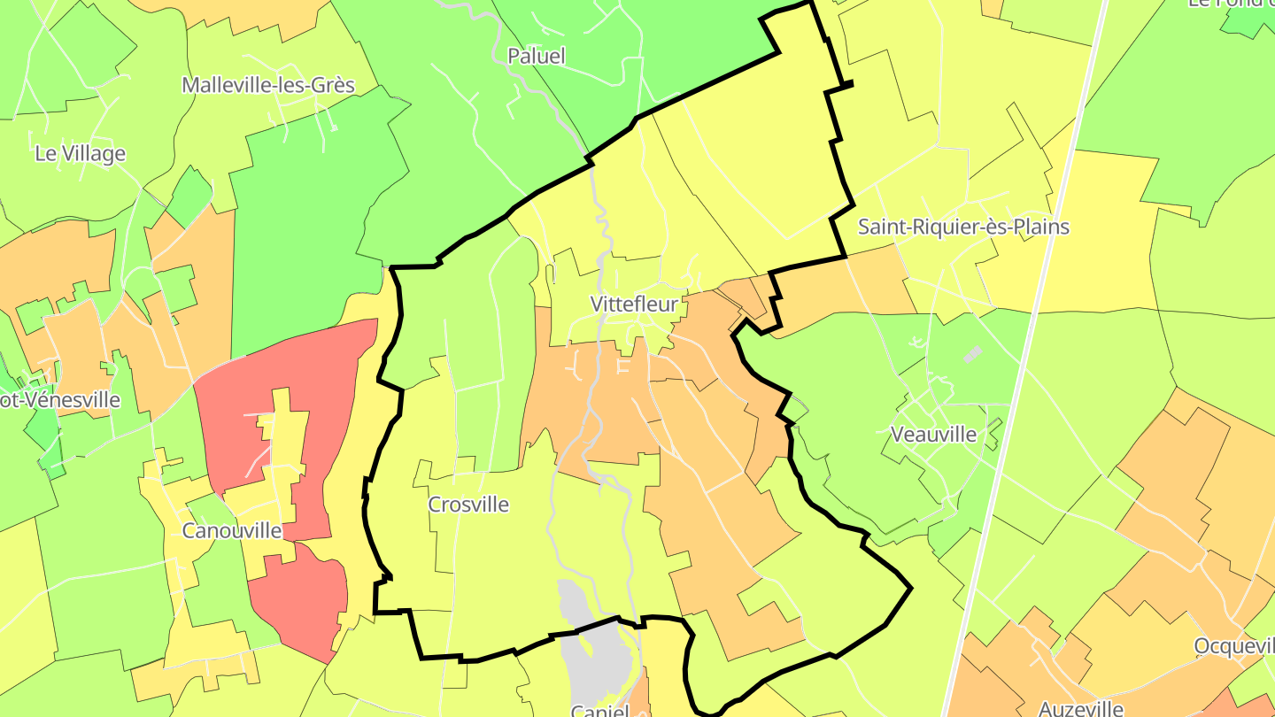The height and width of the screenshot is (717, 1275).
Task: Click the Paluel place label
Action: [536, 57]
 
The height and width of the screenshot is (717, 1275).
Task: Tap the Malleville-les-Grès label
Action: [268, 86]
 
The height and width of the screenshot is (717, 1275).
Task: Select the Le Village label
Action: [80, 154]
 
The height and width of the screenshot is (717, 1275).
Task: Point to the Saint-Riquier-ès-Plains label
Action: [963, 227]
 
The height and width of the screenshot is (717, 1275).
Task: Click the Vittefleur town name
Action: [634, 305]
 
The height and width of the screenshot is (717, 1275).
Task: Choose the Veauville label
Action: [934, 435]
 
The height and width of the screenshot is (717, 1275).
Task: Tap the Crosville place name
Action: [468, 505]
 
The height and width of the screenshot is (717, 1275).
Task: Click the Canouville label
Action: [231, 531]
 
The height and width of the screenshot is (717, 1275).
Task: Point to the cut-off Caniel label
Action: [599, 710]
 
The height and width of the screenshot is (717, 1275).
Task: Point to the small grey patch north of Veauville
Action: [972, 354]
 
